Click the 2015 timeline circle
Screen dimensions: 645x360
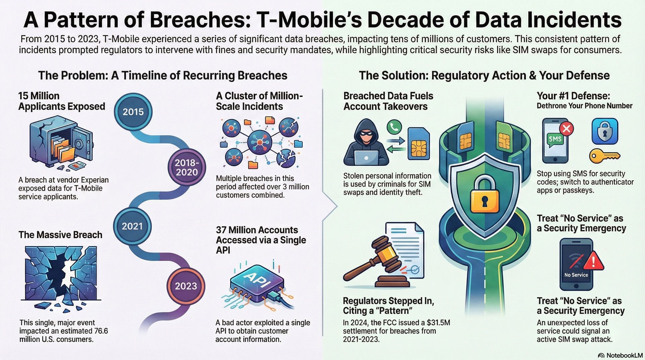pyautogui.click(x=133, y=111)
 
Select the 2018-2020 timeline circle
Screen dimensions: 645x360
pyautogui.click(x=187, y=167)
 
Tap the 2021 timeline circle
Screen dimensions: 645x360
pyautogui.click(x=132, y=226)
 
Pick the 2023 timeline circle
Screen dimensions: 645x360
pyautogui.click(x=186, y=286)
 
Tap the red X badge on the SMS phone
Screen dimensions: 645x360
pyautogui.click(x=566, y=128)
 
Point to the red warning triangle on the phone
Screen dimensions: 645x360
pyautogui.click(x=594, y=261)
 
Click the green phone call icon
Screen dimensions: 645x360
pyautogui.click(x=394, y=127)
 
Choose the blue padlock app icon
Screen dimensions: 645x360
pyautogui.click(x=604, y=131)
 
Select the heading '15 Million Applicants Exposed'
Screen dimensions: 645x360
pyautogui.click(x=61, y=101)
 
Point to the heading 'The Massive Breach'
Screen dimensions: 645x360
pyautogui.click(x=60, y=235)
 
